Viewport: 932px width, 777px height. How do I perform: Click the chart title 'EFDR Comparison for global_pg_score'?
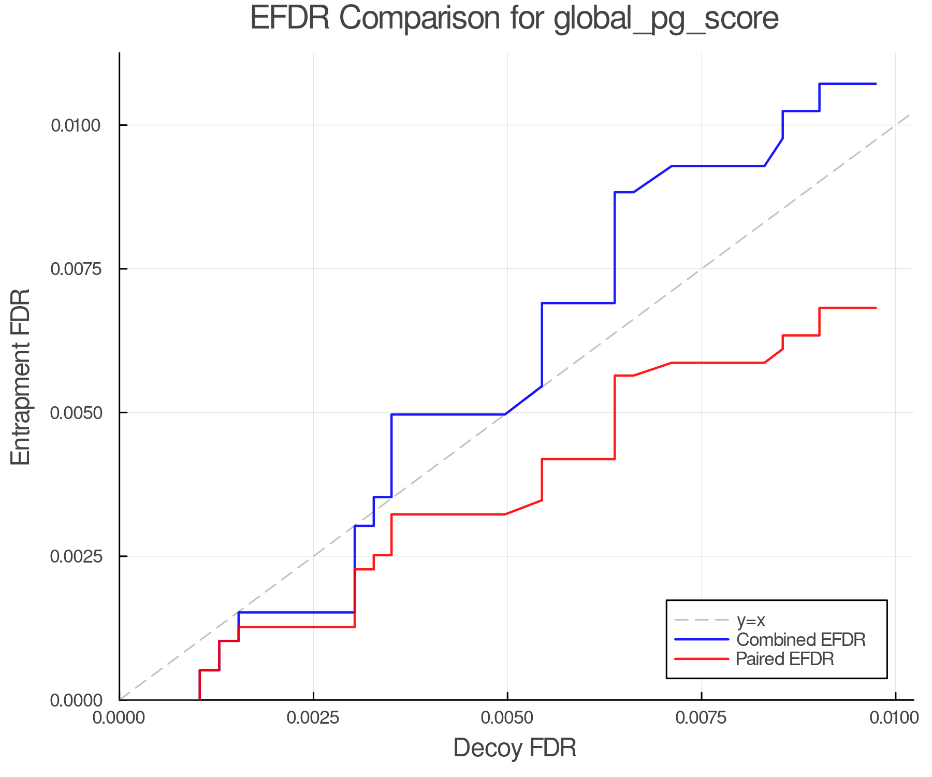[x=514, y=19]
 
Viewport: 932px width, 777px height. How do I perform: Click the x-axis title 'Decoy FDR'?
[x=515, y=748]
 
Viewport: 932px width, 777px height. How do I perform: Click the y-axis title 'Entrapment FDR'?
[x=21, y=377]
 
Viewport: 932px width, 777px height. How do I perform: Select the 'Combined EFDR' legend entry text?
[x=800, y=640]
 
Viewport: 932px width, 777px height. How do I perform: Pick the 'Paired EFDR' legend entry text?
[x=784, y=659]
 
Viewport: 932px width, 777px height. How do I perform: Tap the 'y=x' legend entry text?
[x=750, y=621]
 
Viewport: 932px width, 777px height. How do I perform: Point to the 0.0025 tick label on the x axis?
[x=313, y=717]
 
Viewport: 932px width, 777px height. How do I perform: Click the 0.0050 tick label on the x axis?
[x=507, y=717]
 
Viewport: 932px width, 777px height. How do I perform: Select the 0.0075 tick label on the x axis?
[x=702, y=717]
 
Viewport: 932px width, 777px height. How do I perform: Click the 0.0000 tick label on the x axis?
[x=120, y=717]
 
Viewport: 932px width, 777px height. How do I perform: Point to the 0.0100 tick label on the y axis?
[x=76, y=125]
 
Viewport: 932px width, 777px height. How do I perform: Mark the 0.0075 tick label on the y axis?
[x=76, y=269]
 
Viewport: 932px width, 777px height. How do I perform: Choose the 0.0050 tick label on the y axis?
[x=76, y=413]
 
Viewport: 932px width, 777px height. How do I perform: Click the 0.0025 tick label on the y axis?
[x=76, y=556]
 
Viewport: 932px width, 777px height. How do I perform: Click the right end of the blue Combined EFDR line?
[x=876, y=84]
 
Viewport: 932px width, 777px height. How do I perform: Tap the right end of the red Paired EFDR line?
[x=876, y=308]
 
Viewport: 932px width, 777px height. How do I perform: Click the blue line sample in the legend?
[x=702, y=640]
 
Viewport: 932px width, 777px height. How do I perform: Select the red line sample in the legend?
[x=702, y=659]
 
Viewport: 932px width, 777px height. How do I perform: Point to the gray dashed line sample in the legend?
[x=702, y=621]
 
